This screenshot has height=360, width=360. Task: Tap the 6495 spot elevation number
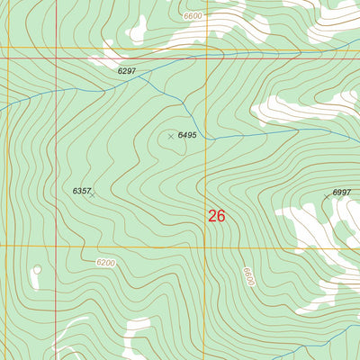click(187, 135)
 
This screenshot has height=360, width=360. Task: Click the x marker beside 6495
click(170, 136)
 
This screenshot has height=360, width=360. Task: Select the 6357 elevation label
click(81, 191)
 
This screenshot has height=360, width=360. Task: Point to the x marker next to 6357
click(92, 193)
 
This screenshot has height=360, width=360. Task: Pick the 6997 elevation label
click(341, 193)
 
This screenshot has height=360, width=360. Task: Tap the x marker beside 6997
click(327, 195)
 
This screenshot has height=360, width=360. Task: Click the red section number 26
click(217, 216)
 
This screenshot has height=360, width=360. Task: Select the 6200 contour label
click(105, 263)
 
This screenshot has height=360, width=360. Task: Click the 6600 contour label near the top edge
click(192, 15)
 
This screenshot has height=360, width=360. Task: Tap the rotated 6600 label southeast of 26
click(247, 276)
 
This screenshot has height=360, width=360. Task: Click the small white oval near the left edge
click(36, 269)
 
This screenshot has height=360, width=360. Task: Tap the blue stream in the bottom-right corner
click(337, 337)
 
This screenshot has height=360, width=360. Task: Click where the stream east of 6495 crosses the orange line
click(206, 139)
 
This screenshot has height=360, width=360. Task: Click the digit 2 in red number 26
click(212, 216)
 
